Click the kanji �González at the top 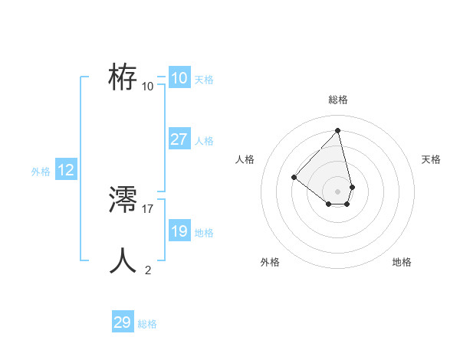pos(123,77)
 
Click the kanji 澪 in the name pos(123,201)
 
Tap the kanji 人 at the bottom pos(123,261)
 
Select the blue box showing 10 pos(179,78)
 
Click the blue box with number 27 pos(179,139)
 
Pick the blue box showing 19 pos(179,231)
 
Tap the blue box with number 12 pos(66,170)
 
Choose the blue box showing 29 pos(123,322)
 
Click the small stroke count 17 pos(148,208)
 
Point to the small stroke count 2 pos(148,270)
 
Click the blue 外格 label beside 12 pos(41,172)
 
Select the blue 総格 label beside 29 pos(147,324)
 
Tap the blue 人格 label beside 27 pos(204,141)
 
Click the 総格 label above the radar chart pos(337,100)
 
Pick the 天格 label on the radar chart pos(432,159)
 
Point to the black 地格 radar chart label pos(402,262)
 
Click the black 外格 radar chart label pos(270,262)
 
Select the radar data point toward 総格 pos(337,130)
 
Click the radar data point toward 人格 pos(294,177)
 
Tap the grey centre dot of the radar pos(337,191)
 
